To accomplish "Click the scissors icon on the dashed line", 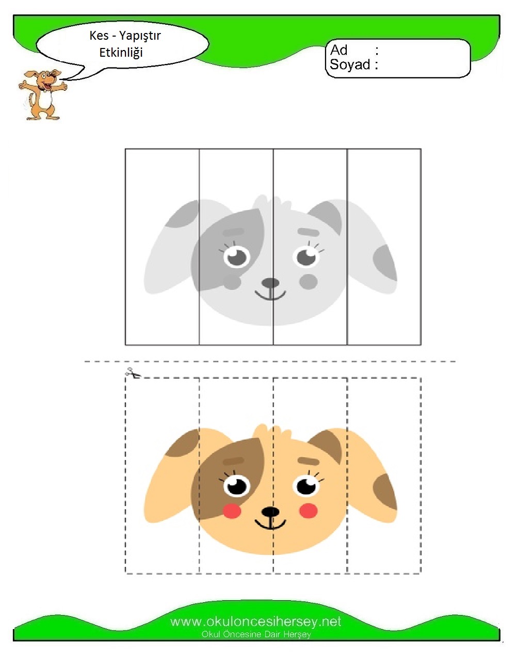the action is tap(133, 373).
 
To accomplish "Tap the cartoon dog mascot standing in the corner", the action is tap(42, 94).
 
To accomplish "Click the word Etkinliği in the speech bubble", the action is tap(121, 53).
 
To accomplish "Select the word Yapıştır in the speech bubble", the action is tap(139, 36).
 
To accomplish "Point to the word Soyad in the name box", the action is tap(350, 64).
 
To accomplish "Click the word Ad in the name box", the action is tap(338, 50).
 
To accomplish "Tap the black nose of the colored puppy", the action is tap(270, 511).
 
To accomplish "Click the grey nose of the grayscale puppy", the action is tap(270, 283).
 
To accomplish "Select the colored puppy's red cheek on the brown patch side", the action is tap(232, 510).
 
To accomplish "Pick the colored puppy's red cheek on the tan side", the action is tap(308, 510).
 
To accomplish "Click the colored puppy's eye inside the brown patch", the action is tap(236, 486).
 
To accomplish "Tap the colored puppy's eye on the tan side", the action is tap(307, 485).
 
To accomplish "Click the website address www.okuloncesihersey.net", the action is tap(256, 622).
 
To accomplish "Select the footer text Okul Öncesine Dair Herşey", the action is tap(256, 634).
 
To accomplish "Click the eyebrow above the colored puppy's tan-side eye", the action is tap(308, 461).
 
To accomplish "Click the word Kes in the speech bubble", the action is tap(99, 36).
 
